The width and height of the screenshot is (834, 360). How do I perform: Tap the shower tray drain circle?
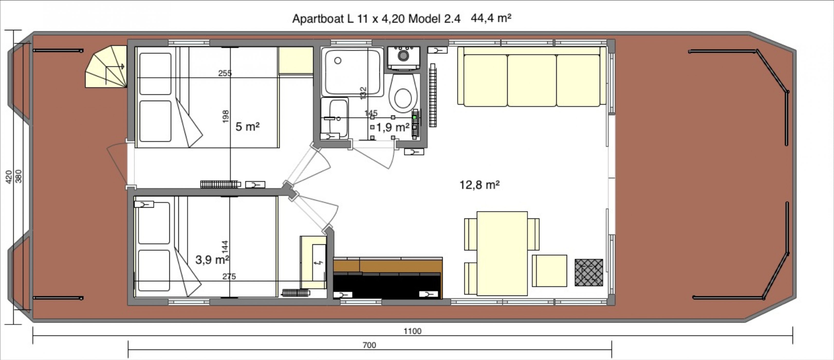pos(338,61)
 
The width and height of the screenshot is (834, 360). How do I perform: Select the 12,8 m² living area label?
pos(479,185)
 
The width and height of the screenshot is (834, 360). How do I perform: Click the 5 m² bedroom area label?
pos(247,127)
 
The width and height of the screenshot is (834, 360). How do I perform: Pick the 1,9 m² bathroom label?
pos(393,127)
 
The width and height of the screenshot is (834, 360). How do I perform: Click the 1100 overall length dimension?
pos(412,331)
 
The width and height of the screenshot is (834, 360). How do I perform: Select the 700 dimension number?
pos(369,345)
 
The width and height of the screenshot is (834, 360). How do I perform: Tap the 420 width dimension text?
pos(9,177)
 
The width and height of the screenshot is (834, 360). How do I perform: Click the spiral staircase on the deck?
pos(106,67)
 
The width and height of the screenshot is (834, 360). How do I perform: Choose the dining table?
pos(502,253)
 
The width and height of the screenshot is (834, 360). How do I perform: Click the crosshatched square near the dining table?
pos(589,272)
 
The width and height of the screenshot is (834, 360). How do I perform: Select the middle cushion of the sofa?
pos(532,80)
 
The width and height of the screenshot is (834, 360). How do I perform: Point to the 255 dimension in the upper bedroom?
pos(225,73)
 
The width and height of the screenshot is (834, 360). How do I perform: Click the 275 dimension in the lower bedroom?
pos(229,276)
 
